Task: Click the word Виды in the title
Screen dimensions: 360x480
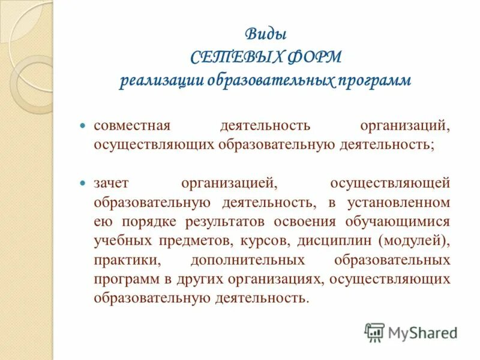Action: coord(265,34)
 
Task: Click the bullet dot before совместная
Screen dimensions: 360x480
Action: coord(83,127)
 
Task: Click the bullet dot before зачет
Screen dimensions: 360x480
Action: coord(83,181)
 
